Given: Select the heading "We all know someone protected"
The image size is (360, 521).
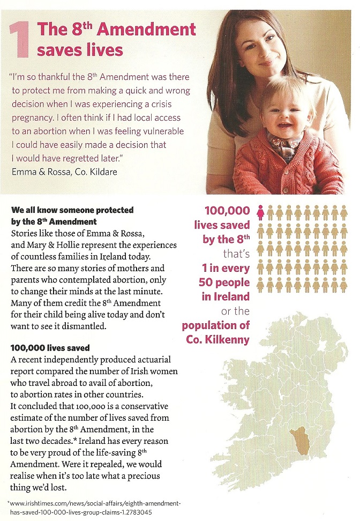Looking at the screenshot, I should point(72,211).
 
